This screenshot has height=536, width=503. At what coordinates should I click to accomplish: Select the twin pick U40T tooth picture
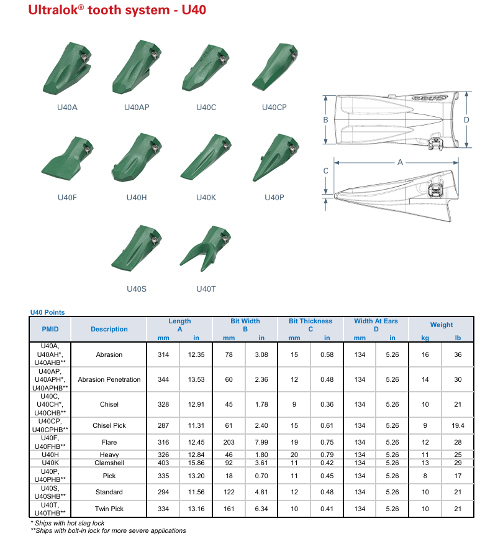tap(206, 249)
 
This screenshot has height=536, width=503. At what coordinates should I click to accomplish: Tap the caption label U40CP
tap(274, 108)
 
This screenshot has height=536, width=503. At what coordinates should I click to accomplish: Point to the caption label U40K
tap(206, 198)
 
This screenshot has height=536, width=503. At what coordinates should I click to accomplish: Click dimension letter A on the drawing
tap(400, 162)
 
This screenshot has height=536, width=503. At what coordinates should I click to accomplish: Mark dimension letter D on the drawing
tap(466, 120)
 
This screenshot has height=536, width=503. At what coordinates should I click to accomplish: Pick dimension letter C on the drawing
tap(326, 171)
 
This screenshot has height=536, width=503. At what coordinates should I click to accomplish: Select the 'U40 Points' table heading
tap(47, 312)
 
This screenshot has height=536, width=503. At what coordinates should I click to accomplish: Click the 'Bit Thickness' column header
tap(310, 321)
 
